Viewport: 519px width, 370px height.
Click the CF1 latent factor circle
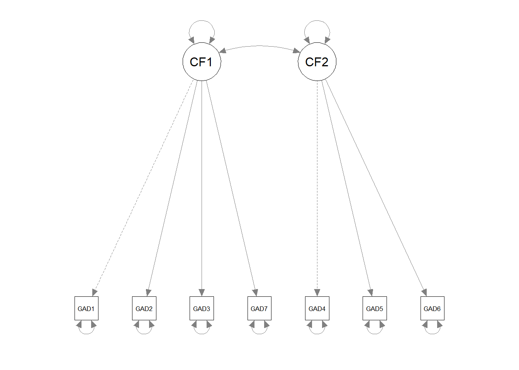click(x=202, y=62)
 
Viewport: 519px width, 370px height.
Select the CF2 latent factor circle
click(x=317, y=62)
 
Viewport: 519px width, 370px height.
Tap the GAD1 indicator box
click(x=86, y=308)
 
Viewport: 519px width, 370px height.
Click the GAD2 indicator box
click(x=144, y=308)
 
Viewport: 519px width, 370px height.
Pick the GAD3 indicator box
click(x=202, y=308)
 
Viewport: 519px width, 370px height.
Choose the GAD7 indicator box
click(x=259, y=308)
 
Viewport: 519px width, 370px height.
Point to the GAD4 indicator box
click(x=317, y=308)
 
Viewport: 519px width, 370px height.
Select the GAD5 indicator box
click(x=375, y=308)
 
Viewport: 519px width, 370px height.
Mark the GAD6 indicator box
click(x=432, y=308)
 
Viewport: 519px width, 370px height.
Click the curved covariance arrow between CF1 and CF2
click(x=259, y=46)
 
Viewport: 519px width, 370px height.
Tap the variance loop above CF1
click(x=202, y=22)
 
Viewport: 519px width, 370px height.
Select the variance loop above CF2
click(x=317, y=22)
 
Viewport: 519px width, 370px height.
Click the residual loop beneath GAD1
click(x=86, y=333)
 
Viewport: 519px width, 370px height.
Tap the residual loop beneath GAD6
click(x=432, y=333)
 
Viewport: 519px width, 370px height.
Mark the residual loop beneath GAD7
click(x=259, y=333)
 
